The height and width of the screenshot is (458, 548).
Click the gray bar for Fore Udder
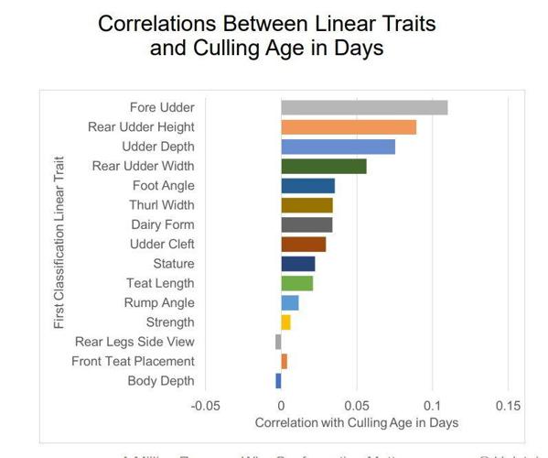click(364, 107)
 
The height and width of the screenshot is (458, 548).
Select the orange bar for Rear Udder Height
click(349, 127)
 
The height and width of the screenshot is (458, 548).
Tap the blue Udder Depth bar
click(338, 147)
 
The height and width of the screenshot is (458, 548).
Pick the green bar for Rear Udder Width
click(324, 166)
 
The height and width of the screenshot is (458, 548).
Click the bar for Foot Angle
click(307, 186)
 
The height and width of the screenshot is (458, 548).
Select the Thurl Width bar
click(306, 205)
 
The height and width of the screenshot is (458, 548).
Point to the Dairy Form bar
click(306, 224)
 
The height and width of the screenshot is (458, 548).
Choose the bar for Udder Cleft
click(303, 245)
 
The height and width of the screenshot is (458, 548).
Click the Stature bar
click(297, 264)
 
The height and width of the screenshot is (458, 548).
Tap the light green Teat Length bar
click(296, 283)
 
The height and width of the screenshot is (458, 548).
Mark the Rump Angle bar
click(289, 303)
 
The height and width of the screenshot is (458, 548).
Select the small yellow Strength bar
click(285, 322)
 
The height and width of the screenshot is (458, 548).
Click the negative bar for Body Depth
click(278, 381)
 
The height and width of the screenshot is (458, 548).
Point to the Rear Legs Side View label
click(134, 342)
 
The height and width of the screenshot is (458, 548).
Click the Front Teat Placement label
click(133, 362)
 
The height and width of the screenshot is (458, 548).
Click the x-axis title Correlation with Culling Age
click(356, 423)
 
